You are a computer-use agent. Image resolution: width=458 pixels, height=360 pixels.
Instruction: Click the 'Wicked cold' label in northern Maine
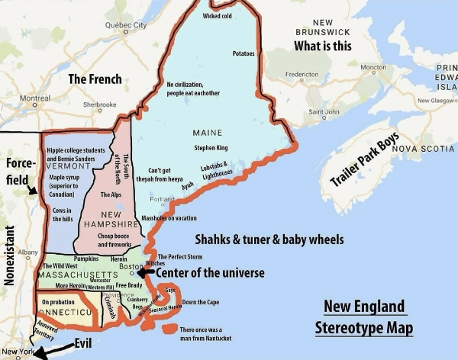click(218, 16)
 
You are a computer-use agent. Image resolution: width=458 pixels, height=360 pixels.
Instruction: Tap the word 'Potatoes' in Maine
click(244, 53)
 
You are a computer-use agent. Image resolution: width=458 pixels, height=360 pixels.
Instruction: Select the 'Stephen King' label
click(210, 147)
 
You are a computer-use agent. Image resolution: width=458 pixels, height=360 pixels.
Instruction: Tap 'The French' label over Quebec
click(94, 79)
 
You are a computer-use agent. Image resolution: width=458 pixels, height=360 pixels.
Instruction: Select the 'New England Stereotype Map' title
click(364, 318)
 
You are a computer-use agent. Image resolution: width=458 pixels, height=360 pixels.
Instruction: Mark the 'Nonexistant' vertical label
click(10, 256)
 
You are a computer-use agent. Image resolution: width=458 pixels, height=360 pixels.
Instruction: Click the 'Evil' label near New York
click(84, 343)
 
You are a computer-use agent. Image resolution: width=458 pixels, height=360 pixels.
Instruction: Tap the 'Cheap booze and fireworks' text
click(115, 241)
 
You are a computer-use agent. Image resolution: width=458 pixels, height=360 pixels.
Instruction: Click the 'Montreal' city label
click(34, 98)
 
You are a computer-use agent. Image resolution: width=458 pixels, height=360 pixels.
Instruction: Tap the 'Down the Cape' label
click(201, 303)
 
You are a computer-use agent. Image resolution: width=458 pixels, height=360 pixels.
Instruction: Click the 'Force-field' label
click(18, 172)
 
